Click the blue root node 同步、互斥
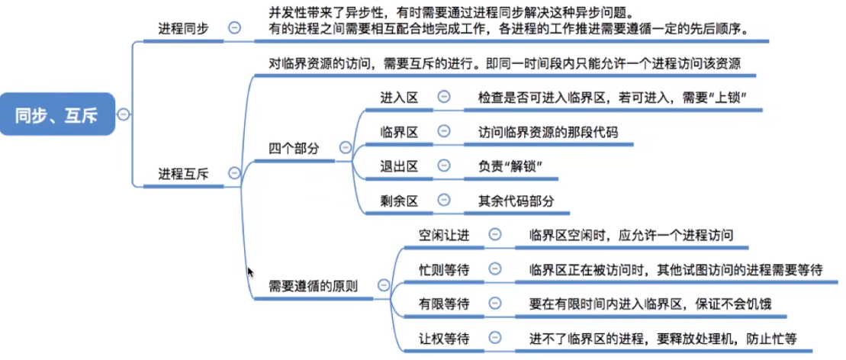click(x=57, y=114)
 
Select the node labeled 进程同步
click(x=183, y=27)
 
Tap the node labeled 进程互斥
click(x=183, y=173)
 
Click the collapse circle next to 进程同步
click(x=234, y=27)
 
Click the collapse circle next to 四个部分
click(x=345, y=147)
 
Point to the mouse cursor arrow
click(x=249, y=272)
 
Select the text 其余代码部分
click(x=516, y=201)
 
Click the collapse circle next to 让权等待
click(x=495, y=337)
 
